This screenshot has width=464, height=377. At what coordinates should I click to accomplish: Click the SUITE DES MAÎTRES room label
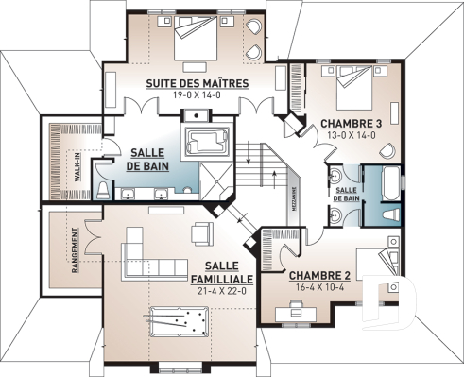[197, 83]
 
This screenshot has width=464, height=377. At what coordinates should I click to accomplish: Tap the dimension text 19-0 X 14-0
[197, 94]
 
